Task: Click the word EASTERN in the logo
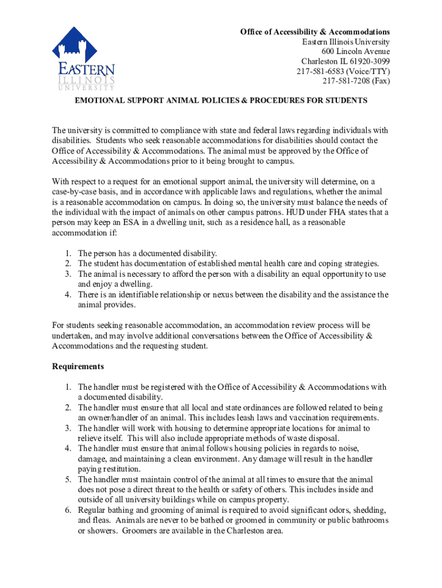pyautogui.click(x=86, y=70)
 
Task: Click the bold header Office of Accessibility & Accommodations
pyautogui.click(x=315, y=32)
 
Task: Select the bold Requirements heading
pyautogui.click(x=78, y=366)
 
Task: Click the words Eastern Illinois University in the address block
pyautogui.click(x=346, y=42)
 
